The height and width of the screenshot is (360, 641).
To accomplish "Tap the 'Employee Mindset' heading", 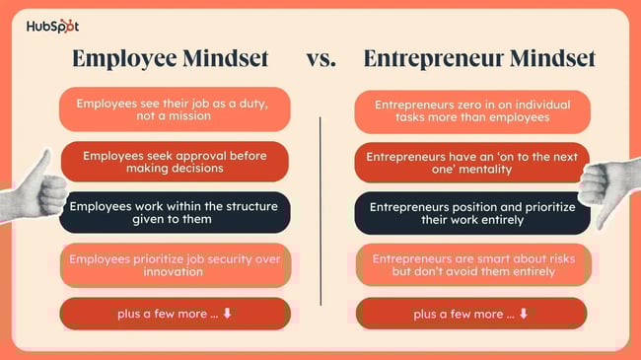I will (171, 59).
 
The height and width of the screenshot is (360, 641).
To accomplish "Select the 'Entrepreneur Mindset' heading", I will (479, 59).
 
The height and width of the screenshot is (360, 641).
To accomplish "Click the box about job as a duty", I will (175, 109).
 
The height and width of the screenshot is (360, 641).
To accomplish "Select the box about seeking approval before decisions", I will (175, 162).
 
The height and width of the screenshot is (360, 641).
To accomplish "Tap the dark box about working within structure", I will (175, 213).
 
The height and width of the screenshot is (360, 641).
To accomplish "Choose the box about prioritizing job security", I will (175, 264).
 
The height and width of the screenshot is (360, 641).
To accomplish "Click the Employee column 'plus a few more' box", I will (175, 314).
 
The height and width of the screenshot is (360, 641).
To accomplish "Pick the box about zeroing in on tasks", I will (472, 110).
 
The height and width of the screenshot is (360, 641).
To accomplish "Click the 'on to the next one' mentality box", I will (472, 162).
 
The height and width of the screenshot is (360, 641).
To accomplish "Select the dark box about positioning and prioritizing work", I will (472, 213).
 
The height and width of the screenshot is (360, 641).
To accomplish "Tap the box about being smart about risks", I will (472, 264).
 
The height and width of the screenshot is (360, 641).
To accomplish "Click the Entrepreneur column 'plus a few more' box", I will (472, 314).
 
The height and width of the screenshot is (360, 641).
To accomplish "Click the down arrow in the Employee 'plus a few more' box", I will (227, 315).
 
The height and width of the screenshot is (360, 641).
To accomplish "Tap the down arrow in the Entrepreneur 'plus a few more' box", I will (524, 315).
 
